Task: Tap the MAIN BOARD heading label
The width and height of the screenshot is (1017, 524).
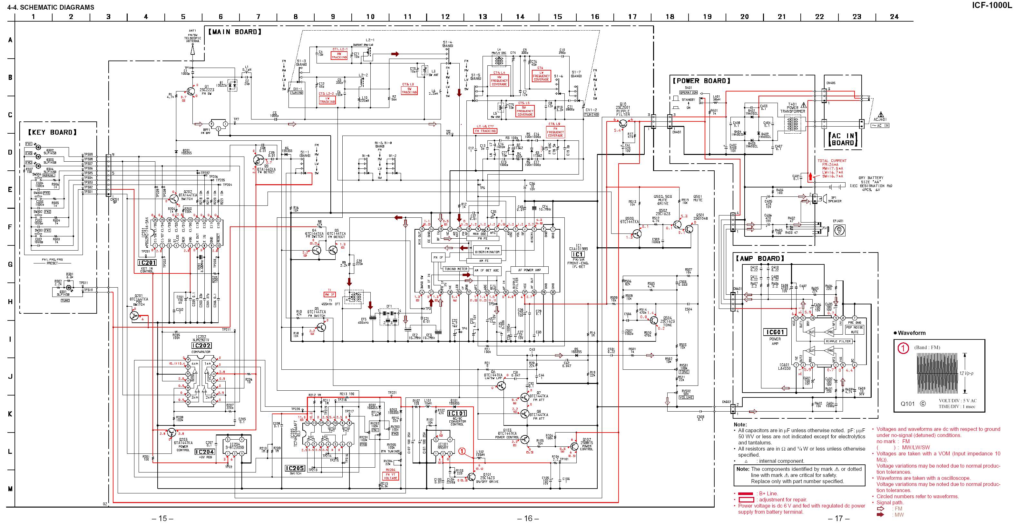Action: (x=235, y=32)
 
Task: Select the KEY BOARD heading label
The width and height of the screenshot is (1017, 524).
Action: (x=52, y=132)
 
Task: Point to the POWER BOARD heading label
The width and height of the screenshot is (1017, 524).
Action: (x=701, y=81)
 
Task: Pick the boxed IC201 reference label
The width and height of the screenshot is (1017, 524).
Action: (x=147, y=263)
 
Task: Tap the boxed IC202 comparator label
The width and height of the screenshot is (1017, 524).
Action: (x=201, y=346)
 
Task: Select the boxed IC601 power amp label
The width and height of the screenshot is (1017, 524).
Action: (x=775, y=332)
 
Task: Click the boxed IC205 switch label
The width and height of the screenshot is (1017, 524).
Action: (x=295, y=468)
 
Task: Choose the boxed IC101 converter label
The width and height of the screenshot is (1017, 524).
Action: (x=457, y=414)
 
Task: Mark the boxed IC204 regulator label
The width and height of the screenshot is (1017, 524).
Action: (x=204, y=452)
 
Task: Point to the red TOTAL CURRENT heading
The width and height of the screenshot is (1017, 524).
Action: (x=832, y=161)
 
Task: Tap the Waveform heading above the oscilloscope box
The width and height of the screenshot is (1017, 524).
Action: (x=911, y=333)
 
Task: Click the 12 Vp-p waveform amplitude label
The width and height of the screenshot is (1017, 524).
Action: (x=966, y=373)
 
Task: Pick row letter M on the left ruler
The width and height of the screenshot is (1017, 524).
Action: (x=10, y=489)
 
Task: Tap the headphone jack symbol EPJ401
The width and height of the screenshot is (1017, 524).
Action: (x=839, y=230)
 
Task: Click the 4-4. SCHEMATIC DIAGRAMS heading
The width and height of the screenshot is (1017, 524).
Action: (x=51, y=7)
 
